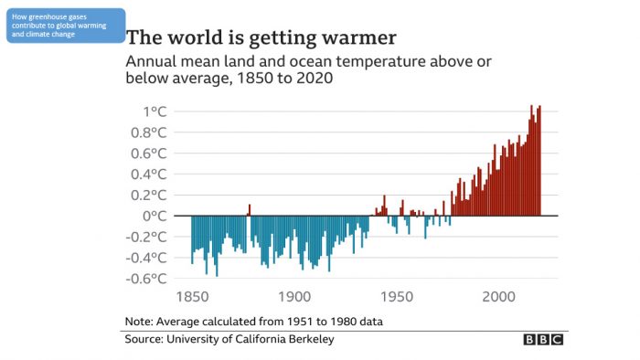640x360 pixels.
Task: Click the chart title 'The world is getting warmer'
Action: [261, 38]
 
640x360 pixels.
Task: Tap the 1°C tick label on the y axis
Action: [155, 111]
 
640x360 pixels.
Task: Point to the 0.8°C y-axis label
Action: [148, 132]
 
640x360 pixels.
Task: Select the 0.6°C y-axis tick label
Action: [148, 154]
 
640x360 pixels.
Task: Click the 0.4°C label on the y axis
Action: [148, 175]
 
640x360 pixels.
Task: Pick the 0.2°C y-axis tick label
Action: [148, 196]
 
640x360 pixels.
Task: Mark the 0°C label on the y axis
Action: [155, 217]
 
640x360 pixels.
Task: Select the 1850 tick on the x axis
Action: [190, 299]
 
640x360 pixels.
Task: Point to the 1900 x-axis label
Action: [293, 299]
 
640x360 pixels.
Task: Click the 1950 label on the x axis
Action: [396, 299]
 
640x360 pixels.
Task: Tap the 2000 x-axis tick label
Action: [499, 299]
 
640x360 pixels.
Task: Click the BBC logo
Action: [543, 340]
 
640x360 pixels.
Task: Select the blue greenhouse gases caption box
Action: [65, 26]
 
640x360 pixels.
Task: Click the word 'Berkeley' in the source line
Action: [310, 340]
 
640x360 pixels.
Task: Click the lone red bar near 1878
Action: [249, 210]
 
